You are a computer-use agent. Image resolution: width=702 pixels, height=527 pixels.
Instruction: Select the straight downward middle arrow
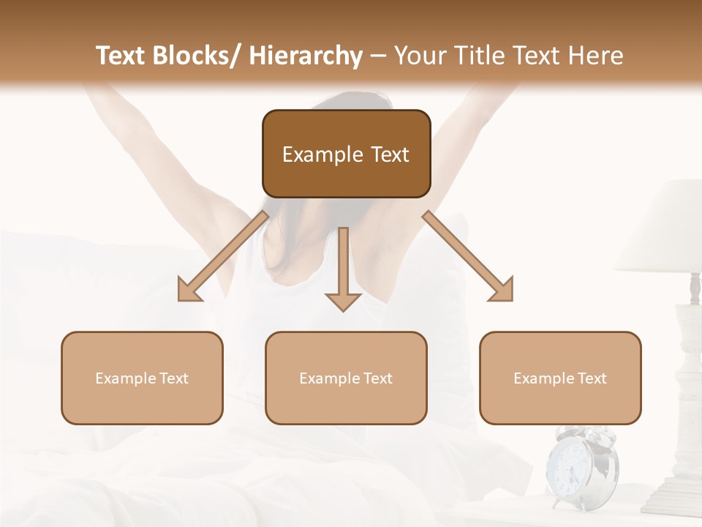343,271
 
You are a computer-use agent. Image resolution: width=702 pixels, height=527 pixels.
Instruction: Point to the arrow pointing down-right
469,257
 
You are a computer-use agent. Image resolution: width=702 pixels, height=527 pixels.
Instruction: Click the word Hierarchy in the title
305,56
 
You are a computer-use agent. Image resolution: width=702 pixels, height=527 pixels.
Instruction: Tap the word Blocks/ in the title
201,56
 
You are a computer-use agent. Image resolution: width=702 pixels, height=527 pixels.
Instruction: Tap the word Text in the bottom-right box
591,378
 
